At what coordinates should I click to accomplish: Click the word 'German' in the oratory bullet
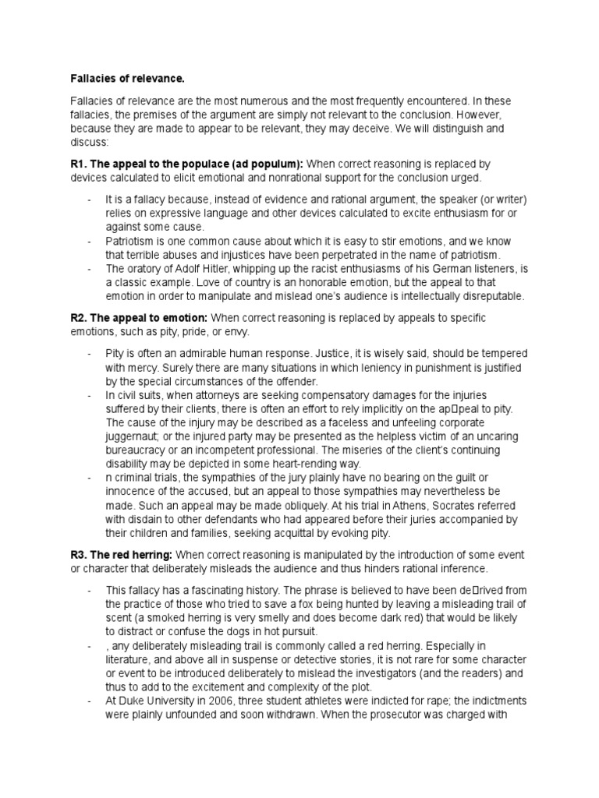[x=433, y=269]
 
